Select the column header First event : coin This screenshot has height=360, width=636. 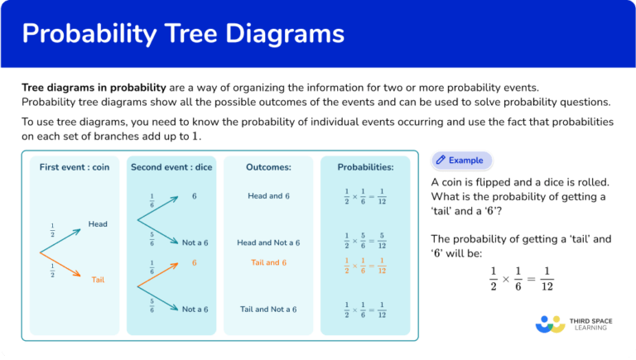pos(74,167)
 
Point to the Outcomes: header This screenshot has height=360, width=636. pos(267,167)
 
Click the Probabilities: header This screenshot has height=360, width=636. pos(365,167)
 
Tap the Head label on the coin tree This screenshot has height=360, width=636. pos(98,223)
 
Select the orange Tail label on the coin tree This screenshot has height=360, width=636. pos(98,280)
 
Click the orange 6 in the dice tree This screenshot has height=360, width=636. pos(194,262)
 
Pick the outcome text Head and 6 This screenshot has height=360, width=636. pos(267,196)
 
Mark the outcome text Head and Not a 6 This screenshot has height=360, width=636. pos(267,242)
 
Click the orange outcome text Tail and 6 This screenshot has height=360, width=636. pos(267,262)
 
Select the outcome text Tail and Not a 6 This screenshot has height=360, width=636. pos(267,309)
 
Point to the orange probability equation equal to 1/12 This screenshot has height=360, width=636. pos(365,264)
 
